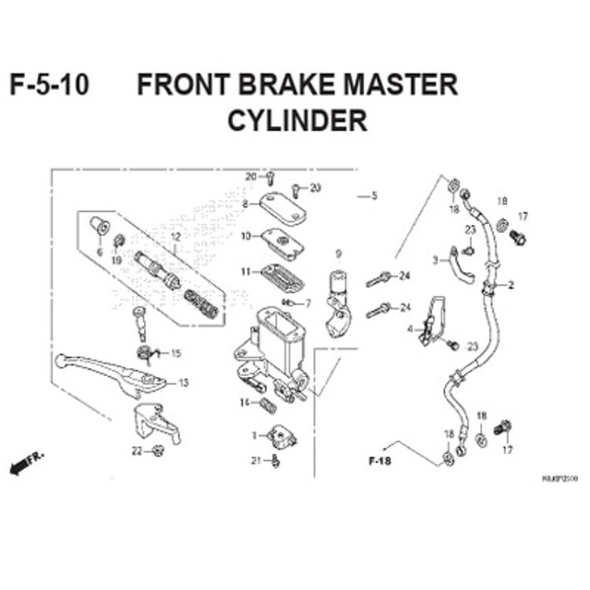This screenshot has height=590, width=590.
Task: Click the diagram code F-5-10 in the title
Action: coord(49,85)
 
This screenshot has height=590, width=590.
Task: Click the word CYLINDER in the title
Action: coord(297,121)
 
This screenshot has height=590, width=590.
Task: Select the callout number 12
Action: coord(175,237)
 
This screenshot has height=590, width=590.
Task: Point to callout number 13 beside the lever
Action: coord(183,383)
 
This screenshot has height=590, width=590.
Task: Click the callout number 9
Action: coord(339,253)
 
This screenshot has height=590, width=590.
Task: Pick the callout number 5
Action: coord(374,195)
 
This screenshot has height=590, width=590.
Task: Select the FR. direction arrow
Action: coord(26,464)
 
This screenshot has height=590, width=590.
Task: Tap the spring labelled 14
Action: coord(267,405)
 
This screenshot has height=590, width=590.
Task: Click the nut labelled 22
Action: coord(157,451)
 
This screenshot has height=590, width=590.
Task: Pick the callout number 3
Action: coord(434,260)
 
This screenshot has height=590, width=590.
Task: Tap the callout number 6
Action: coord(100,253)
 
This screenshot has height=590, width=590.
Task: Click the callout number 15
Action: coord(175,353)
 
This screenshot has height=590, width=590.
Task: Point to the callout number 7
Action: coord(308,303)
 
